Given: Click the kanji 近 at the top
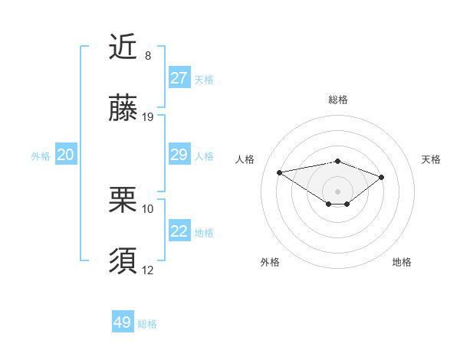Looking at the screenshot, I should click(123, 48).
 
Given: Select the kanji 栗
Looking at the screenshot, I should click(123, 201).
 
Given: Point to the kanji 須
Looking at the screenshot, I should click(123, 261).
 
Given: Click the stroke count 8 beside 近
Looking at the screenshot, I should click(148, 56).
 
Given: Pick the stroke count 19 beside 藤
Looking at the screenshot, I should click(148, 117).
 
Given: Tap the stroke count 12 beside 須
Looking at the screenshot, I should click(148, 269).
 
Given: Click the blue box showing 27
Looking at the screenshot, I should click(179, 78).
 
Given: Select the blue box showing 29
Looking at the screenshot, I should click(179, 155).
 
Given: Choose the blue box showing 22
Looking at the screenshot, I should click(179, 231).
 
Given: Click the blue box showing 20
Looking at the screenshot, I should click(65, 155).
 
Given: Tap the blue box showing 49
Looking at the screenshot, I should click(123, 322).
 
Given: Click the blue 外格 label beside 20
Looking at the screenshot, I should click(41, 155).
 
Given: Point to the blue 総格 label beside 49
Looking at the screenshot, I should click(147, 324).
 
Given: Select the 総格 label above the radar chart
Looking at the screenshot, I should click(337, 100).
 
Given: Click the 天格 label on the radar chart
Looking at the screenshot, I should click(431, 159).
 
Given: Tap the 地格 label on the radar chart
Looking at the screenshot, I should click(402, 262).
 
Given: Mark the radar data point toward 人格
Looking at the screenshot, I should click(280, 172).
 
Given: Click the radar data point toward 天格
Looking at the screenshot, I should click(381, 177).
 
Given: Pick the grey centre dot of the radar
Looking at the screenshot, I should click(337, 191).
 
